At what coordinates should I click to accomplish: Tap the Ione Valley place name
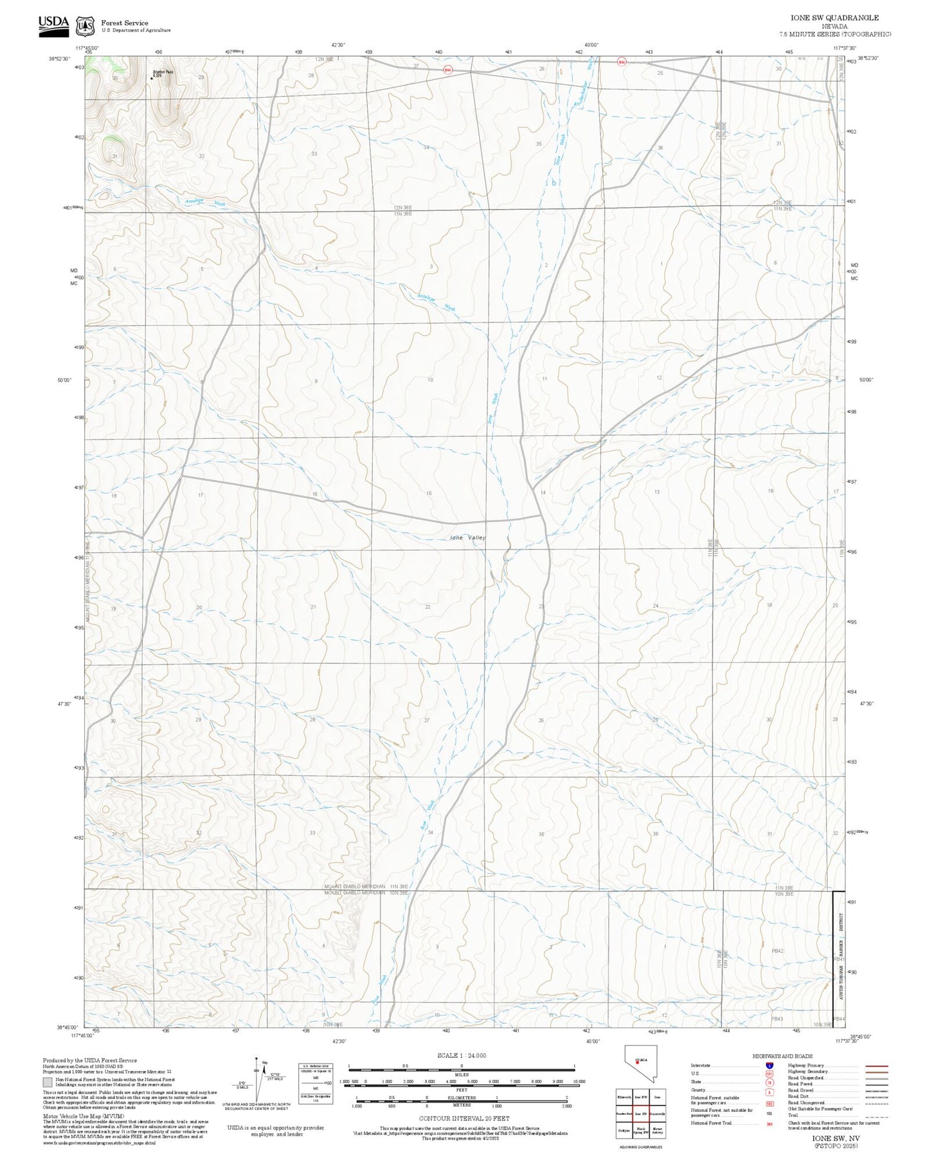point(468,537)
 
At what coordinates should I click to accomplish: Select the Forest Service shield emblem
point(84,26)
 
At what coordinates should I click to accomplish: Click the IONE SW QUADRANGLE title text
point(834,18)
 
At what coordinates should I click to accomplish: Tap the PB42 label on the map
point(777,951)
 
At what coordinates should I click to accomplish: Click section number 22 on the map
point(428,607)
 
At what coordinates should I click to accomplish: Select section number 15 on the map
point(429,493)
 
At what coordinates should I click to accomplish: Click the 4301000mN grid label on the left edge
point(73,207)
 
